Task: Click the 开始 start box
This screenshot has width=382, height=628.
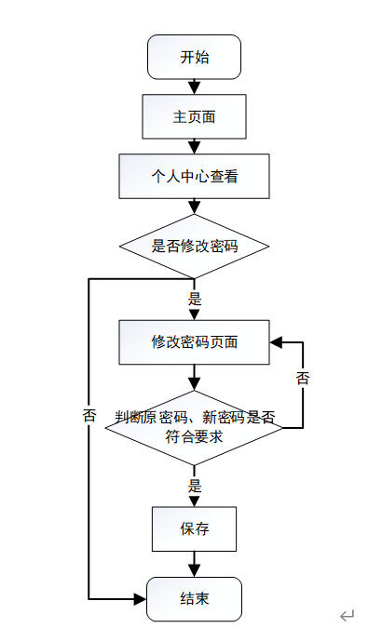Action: [194, 57]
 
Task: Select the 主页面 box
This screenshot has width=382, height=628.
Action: [194, 116]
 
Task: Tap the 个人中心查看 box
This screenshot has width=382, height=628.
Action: [194, 176]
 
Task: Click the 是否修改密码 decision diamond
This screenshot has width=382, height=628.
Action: [194, 246]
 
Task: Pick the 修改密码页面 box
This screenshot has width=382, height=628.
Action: [194, 342]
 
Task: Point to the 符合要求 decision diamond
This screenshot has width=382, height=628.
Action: [194, 428]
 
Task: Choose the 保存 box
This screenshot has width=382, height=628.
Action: [194, 529]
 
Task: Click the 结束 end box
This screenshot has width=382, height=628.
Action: [194, 599]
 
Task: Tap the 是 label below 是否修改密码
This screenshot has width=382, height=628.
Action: [195, 299]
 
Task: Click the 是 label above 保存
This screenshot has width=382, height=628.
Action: [195, 486]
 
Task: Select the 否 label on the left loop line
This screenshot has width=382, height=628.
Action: [89, 415]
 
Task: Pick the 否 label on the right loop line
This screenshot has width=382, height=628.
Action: [303, 378]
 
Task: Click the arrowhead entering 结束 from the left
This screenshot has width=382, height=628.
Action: [141, 599]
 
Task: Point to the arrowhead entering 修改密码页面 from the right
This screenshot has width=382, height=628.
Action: [276, 342]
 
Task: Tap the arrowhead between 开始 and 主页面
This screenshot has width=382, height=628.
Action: [194, 87]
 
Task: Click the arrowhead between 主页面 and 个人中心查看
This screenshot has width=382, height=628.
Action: [194, 147]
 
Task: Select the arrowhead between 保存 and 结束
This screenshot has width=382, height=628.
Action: [194, 570]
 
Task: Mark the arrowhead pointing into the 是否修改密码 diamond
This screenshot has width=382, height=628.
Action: [194, 207]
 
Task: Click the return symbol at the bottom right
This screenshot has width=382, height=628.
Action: [348, 615]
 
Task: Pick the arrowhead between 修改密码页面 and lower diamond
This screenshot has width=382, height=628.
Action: [194, 384]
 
